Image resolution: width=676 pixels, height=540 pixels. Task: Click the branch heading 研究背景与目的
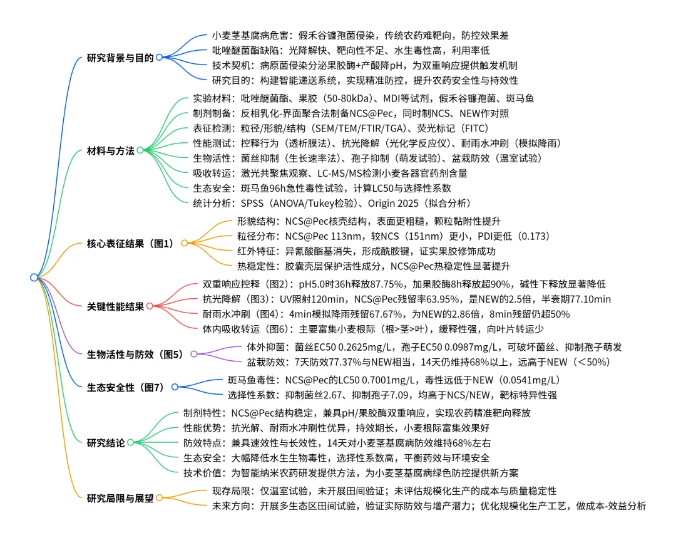click(x=120, y=58)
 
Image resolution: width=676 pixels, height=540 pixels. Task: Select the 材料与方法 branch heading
click(x=111, y=150)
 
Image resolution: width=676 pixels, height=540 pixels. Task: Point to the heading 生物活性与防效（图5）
click(x=135, y=355)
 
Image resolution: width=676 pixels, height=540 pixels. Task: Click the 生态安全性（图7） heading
click(x=125, y=387)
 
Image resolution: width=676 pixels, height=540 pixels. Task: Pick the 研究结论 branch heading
click(x=106, y=442)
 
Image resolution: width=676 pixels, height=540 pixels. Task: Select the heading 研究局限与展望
click(x=120, y=498)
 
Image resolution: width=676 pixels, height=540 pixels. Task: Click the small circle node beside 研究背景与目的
click(x=159, y=58)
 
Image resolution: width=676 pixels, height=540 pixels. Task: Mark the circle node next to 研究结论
click(x=131, y=442)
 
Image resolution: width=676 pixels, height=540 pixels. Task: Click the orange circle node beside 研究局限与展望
click(x=159, y=498)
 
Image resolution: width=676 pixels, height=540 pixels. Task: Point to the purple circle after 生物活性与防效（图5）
click(x=193, y=355)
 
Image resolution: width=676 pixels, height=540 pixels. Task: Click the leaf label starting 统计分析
click(x=332, y=204)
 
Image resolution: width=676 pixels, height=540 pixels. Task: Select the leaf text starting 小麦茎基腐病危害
click(x=365, y=36)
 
